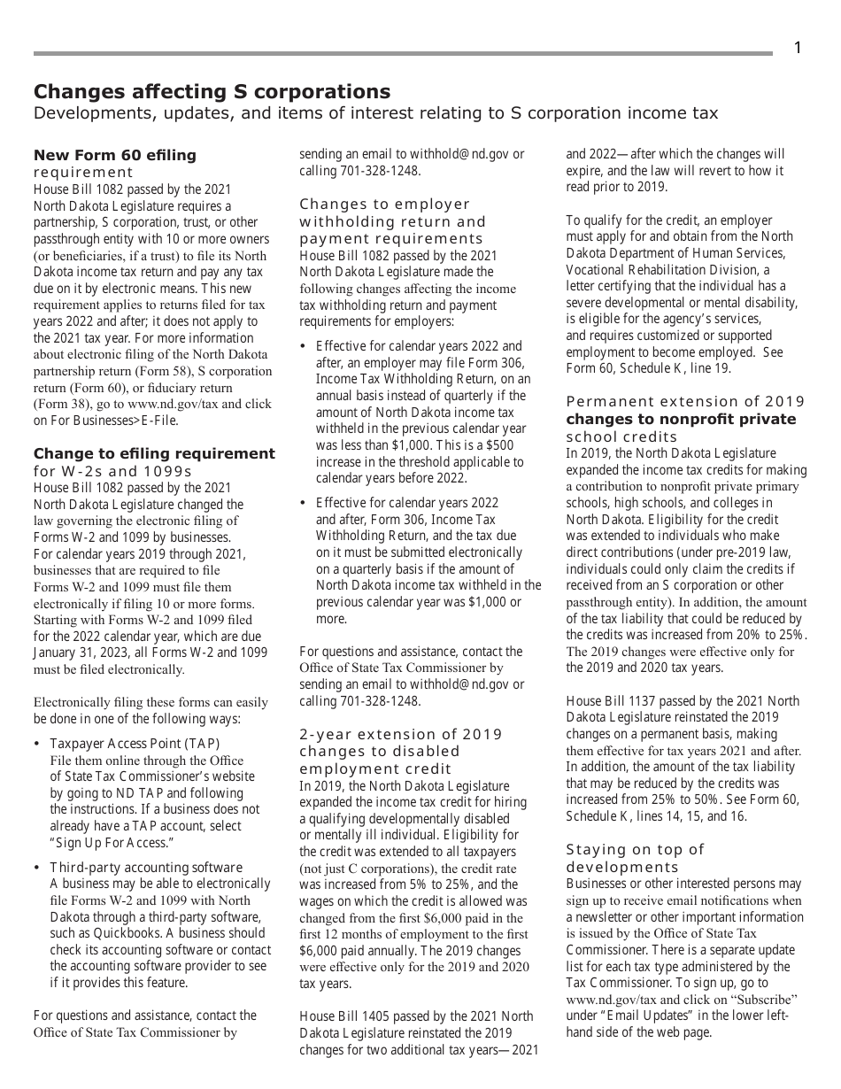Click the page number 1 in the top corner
click(x=797, y=49)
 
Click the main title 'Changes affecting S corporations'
click(x=212, y=92)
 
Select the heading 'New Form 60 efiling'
click(x=115, y=156)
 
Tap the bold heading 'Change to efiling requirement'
click(x=154, y=454)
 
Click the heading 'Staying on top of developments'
click(x=635, y=858)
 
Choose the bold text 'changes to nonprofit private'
click(x=681, y=419)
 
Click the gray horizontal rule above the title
click(x=403, y=54)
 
